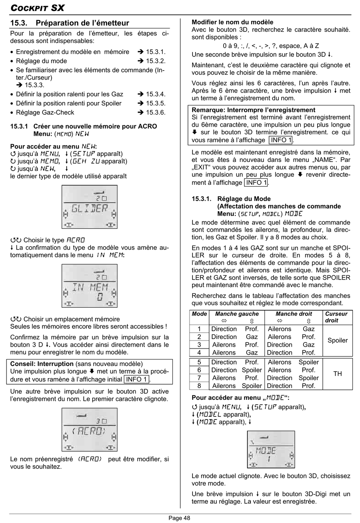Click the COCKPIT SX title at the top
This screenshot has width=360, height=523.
(x=37, y=8)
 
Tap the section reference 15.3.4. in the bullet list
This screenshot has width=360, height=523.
(x=155, y=94)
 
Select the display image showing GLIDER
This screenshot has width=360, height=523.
(x=89, y=207)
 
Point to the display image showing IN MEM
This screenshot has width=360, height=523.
(x=89, y=286)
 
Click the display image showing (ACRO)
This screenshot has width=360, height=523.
(x=89, y=430)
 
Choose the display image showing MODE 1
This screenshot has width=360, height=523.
(x=271, y=449)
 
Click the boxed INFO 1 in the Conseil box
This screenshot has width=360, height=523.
(x=136, y=379)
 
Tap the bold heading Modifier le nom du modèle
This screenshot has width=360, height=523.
(x=232, y=22)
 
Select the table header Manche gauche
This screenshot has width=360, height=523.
(x=236, y=314)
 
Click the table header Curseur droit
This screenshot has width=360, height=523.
(x=336, y=317)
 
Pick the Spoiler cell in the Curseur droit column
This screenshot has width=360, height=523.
(x=337, y=341)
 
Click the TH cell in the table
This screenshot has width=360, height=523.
(x=337, y=374)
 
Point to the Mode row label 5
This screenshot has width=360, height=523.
(x=199, y=362)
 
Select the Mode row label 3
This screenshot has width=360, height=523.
(x=199, y=345)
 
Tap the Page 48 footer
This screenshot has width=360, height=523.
(x=179, y=518)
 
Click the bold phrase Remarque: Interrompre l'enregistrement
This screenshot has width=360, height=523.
(x=253, y=110)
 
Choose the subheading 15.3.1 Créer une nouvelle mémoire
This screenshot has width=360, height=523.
(x=83, y=127)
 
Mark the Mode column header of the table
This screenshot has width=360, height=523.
(x=199, y=314)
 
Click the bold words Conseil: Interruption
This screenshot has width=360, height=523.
(x=42, y=364)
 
